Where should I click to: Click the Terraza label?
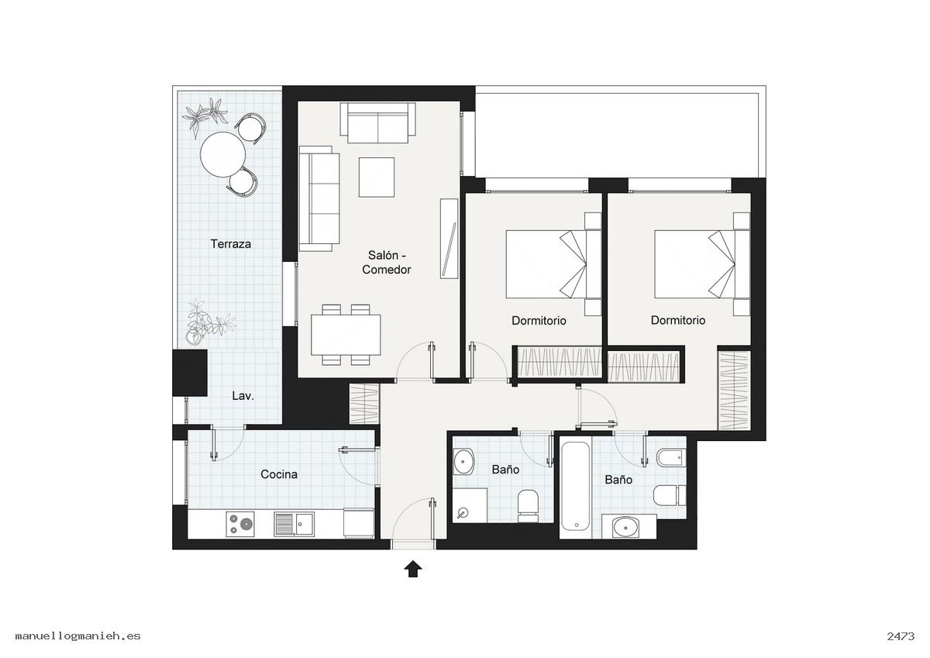pos(230,243)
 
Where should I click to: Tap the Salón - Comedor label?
pos(386,262)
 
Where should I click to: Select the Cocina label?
pos(279,474)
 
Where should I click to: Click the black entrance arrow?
pos(413,569)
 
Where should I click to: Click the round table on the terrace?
pos(222,154)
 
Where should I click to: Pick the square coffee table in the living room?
pos(377,177)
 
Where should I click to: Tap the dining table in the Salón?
pos(346,335)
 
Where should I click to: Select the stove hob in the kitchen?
pos(240,525)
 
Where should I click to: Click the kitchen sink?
pos(294,525)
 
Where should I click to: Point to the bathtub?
pos(575,487)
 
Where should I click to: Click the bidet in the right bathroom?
pos(671,457)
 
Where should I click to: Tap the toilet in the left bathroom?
pos(528,506)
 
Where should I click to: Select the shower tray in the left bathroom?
pos(470,505)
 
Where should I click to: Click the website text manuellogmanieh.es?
pos(78,636)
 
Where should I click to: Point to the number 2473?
pos(901,636)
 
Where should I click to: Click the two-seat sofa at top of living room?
pos(378,122)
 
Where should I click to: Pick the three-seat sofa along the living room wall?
pos(319,198)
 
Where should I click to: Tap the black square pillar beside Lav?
pos(190,373)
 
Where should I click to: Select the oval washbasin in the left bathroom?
pos(463,461)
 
